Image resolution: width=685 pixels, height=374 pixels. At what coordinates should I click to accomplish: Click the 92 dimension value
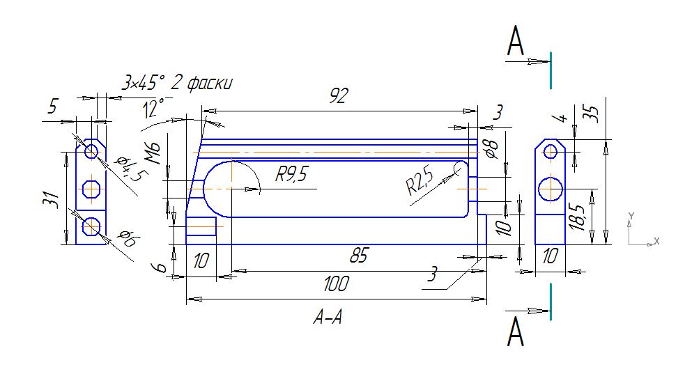[339, 97]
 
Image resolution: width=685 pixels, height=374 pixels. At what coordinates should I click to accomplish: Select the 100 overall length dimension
[337, 284]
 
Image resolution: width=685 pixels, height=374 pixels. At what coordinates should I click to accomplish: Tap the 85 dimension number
[358, 256]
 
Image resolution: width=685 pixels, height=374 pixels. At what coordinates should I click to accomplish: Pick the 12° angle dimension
[153, 109]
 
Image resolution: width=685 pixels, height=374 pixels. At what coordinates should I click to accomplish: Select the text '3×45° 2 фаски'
[176, 84]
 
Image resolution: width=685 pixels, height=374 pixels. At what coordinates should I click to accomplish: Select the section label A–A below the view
[328, 319]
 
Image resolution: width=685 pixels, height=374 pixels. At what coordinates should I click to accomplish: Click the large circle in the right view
[551, 189]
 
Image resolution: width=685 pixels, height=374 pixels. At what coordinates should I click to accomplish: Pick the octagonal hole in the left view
[91, 188]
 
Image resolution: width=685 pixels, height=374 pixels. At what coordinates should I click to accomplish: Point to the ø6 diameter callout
[125, 240]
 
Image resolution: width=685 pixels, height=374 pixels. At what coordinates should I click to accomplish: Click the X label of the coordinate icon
[656, 241]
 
